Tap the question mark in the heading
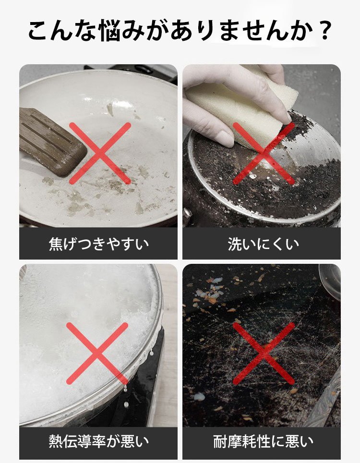(x=324, y=30)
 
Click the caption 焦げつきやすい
(x=98, y=244)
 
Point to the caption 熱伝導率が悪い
(x=98, y=441)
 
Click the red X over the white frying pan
(x=100, y=154)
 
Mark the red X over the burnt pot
(x=264, y=154)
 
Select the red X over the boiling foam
(x=97, y=353)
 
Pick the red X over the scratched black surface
(x=264, y=353)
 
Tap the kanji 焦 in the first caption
(x=56, y=244)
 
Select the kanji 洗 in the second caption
(x=235, y=244)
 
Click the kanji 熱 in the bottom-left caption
(x=56, y=441)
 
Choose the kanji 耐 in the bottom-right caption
(x=220, y=441)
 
